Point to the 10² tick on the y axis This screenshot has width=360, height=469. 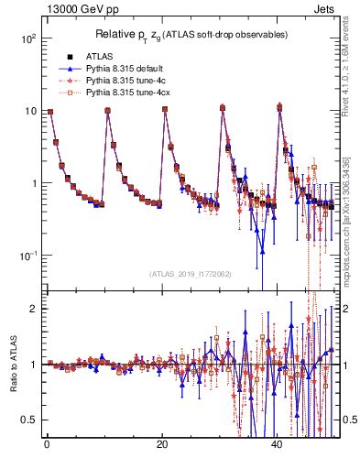[27, 39]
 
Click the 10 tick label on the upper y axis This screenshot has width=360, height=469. [29, 111]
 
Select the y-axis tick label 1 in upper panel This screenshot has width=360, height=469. [33, 183]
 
